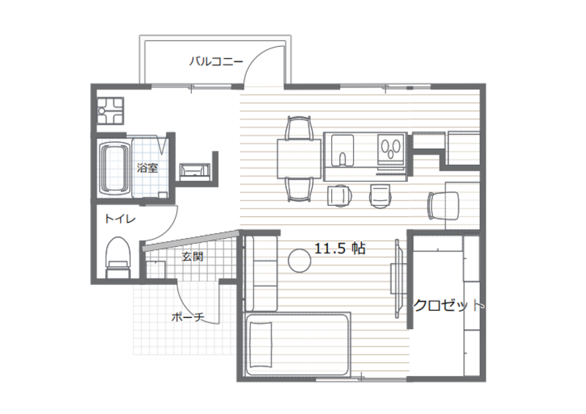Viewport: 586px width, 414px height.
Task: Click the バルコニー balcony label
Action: point(216,61)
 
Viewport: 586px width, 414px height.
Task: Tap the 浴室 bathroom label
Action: point(147,168)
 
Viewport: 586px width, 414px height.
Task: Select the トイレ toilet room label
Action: point(119,218)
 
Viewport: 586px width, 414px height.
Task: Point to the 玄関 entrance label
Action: point(193,257)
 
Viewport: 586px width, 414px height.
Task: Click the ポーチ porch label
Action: point(188,317)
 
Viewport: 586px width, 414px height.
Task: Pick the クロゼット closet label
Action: point(448,306)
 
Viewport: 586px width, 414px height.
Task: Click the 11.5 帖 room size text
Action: point(339,248)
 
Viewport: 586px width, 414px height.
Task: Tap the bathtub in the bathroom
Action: point(114,168)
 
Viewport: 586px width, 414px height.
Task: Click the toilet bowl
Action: point(118,258)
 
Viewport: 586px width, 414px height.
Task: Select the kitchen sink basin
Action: point(342,150)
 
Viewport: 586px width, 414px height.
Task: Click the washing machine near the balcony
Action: point(111,111)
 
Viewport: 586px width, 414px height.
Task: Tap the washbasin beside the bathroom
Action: point(195,171)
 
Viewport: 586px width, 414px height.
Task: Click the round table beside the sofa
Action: point(300,261)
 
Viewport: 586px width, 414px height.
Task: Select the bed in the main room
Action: point(297,344)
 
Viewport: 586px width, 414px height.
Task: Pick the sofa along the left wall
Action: point(261,273)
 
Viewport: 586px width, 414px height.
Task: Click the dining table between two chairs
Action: point(299,158)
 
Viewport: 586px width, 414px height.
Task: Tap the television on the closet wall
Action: point(398,278)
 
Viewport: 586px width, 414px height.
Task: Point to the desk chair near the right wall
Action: point(443,206)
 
